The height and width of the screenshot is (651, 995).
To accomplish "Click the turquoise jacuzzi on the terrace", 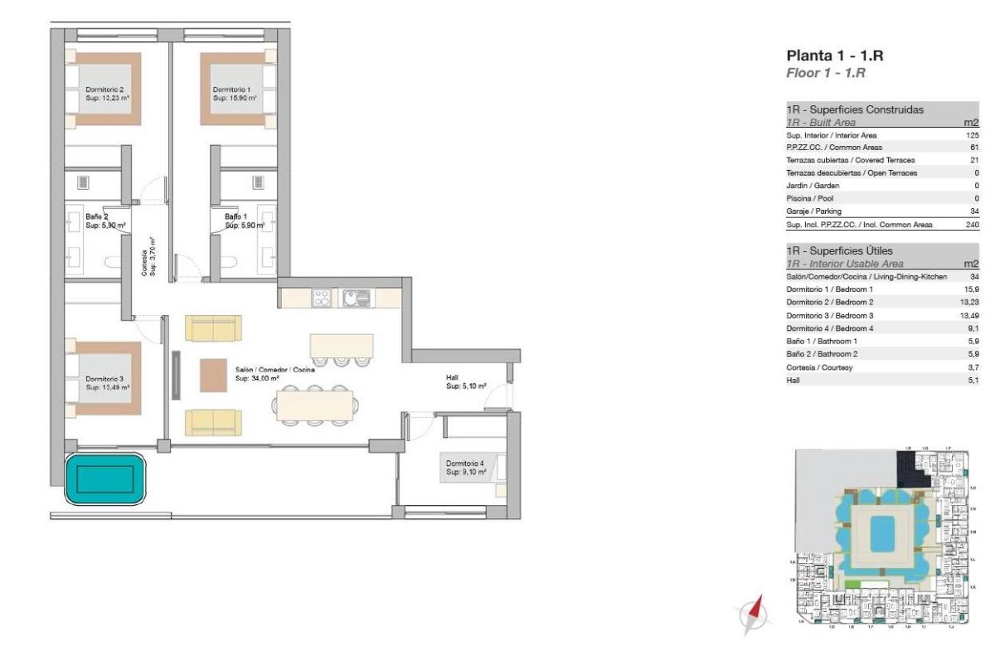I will pos(105,479).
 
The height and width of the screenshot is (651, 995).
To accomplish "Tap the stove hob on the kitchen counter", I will pos(322,298).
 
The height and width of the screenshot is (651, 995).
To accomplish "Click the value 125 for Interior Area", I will pos(973,134).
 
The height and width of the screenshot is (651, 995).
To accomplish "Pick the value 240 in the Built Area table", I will pos(973,225).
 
